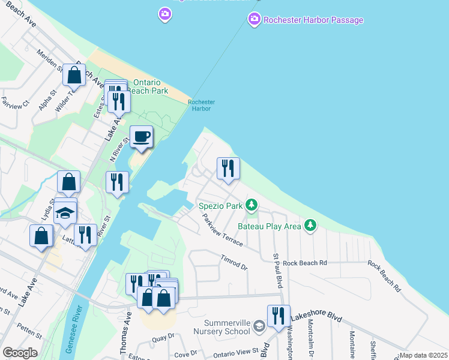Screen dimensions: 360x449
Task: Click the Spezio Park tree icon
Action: tap(252, 206)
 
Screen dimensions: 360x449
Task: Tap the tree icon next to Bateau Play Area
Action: tap(310, 226)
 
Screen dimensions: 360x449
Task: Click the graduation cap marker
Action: tap(65, 213)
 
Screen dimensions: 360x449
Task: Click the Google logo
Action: tap(20, 353)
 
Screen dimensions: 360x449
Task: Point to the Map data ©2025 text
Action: tap(423, 355)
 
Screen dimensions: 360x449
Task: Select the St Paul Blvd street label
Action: tap(277, 270)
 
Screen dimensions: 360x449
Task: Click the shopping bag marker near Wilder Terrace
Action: tap(74, 76)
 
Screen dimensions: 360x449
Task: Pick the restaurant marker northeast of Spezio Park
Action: tap(228, 169)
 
